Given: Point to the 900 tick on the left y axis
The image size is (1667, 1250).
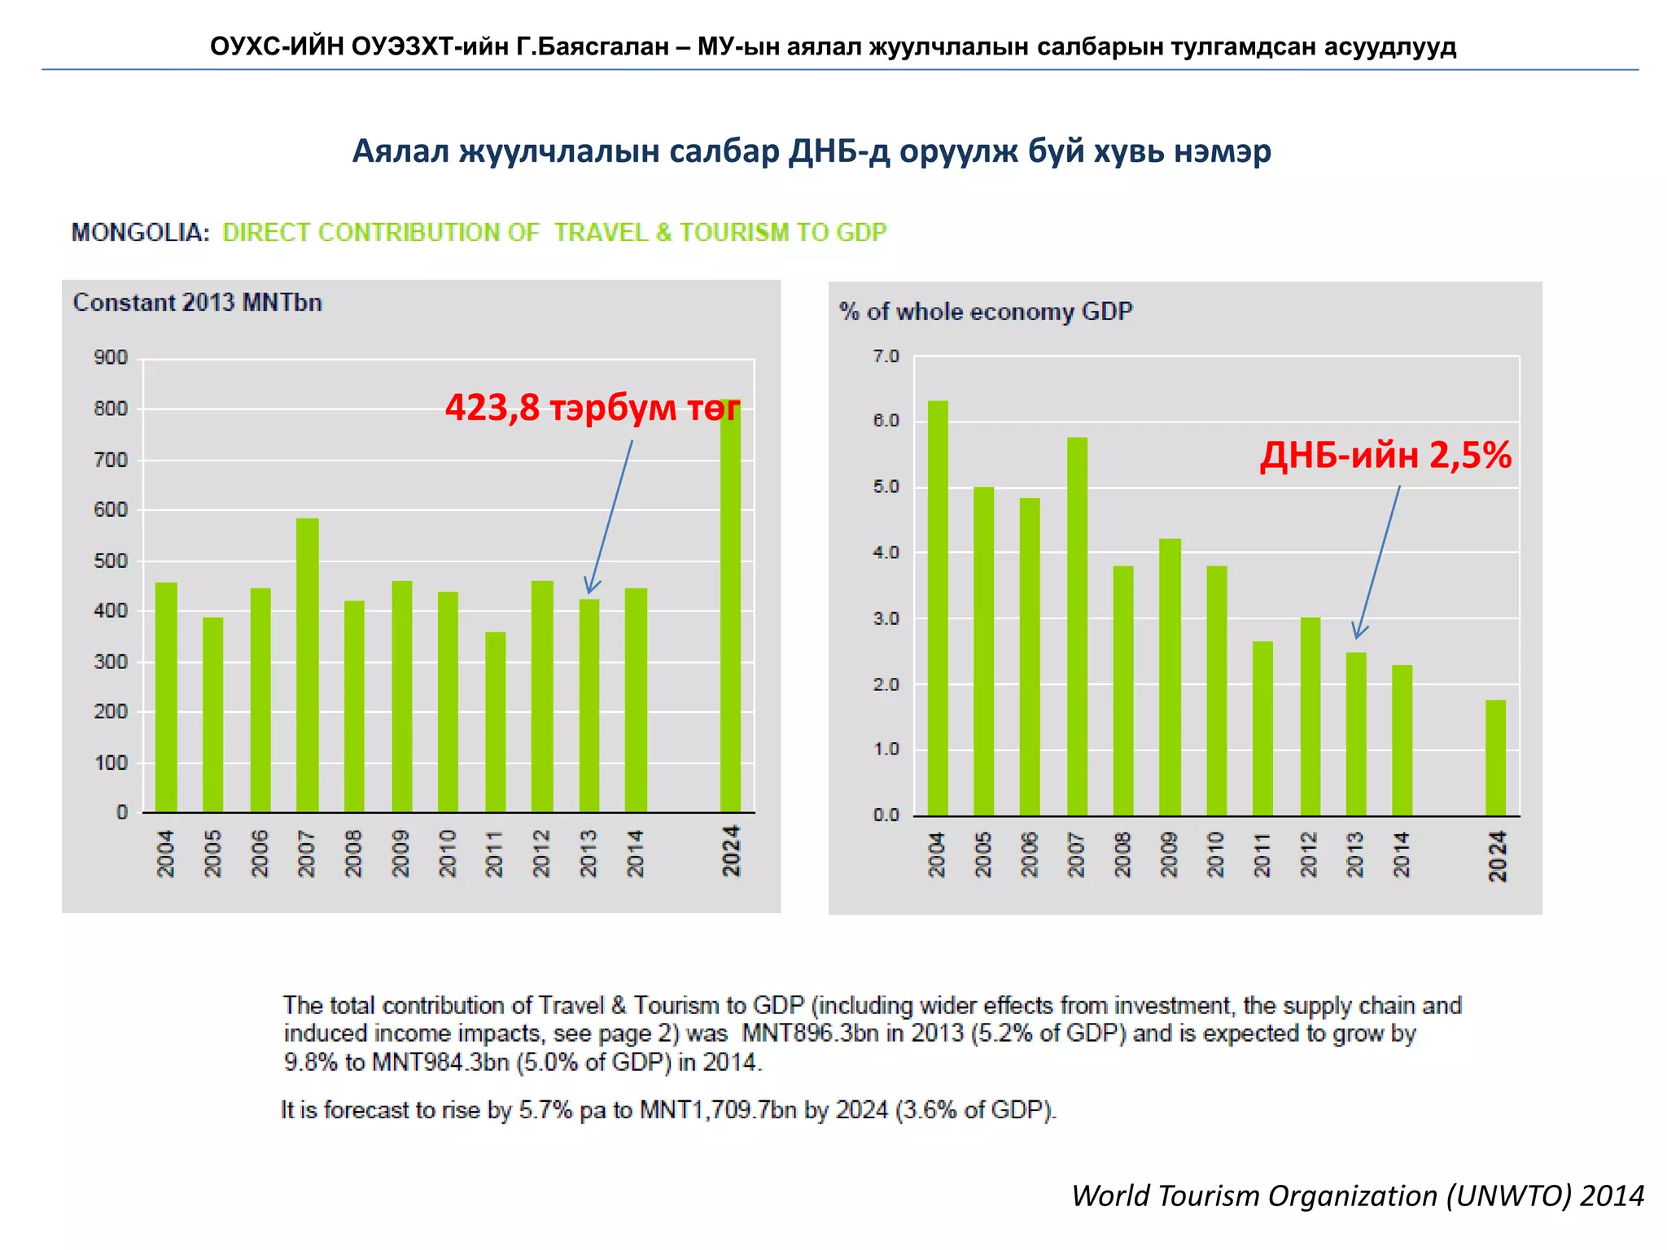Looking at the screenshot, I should click(x=111, y=357).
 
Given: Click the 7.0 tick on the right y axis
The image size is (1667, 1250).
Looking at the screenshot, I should click(x=886, y=356).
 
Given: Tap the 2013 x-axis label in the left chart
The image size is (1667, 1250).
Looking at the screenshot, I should click(x=588, y=853).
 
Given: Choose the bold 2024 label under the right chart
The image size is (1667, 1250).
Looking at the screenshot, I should click(x=1497, y=855).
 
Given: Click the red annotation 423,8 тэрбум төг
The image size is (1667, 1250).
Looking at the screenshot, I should click(x=592, y=408).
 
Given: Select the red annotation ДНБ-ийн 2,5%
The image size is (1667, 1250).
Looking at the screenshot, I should click(x=1385, y=455).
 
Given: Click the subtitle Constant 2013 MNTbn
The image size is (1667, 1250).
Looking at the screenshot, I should click(x=198, y=303).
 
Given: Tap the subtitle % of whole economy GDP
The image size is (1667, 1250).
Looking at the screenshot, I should click(x=986, y=312).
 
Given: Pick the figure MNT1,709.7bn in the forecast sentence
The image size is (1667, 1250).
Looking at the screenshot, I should click(x=717, y=1110).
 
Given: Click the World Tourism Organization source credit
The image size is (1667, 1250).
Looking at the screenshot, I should click(x=1357, y=1195).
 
